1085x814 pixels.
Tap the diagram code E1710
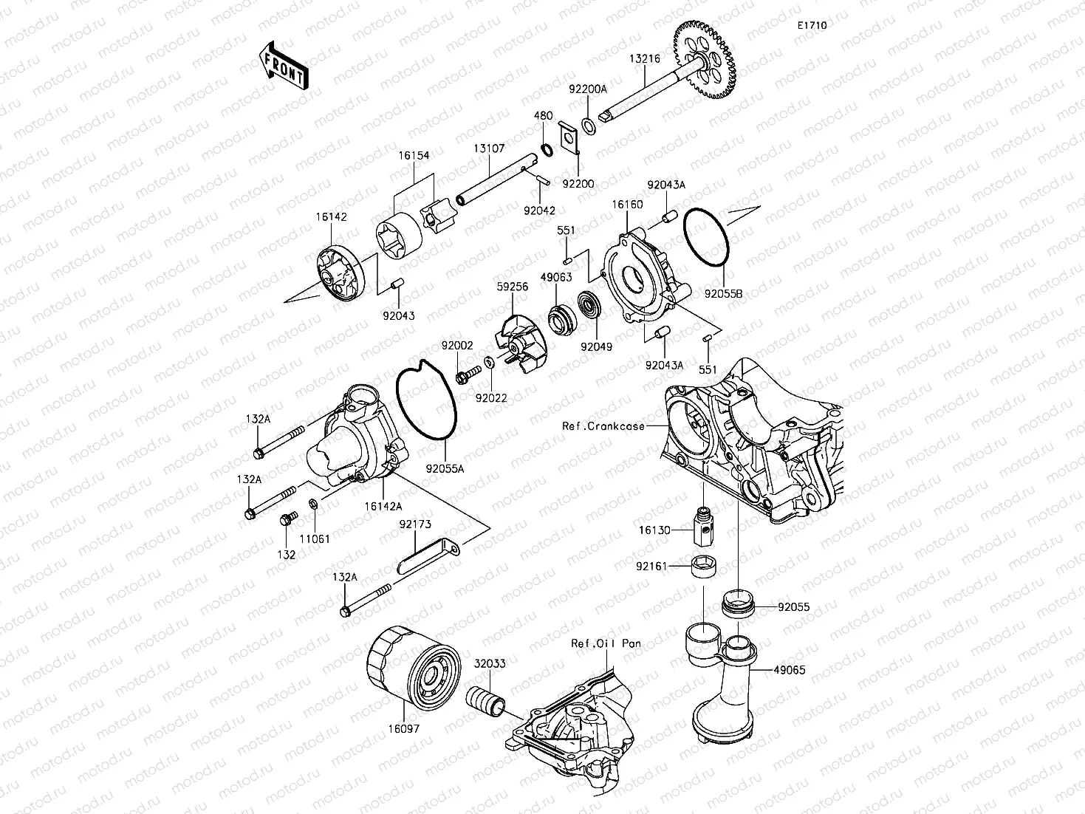tap(811, 25)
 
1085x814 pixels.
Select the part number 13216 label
tap(644, 58)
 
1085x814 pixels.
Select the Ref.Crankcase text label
tap(603, 426)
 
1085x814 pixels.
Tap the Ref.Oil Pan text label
tap(606, 643)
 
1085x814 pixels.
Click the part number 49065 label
tap(790, 671)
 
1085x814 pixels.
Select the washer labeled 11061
tap(313, 505)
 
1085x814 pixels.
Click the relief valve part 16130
tap(702, 526)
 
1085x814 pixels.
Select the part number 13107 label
tap(489, 148)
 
